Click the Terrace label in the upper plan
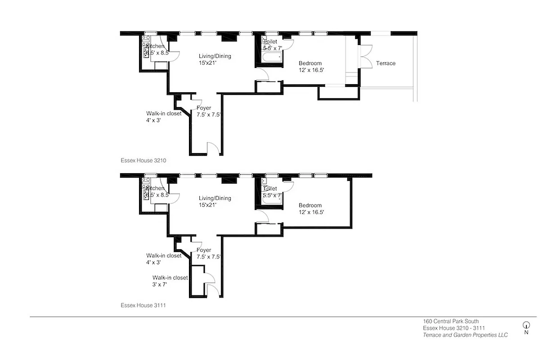386,63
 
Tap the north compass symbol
526,325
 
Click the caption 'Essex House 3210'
143,160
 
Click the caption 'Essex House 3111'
143,305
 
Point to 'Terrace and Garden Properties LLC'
465,335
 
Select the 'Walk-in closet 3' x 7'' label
170,281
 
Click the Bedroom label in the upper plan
310,67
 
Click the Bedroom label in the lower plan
310,208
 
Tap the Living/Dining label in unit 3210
215,59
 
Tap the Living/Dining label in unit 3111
215,201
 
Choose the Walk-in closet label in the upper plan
164,117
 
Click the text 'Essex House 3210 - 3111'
453,328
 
